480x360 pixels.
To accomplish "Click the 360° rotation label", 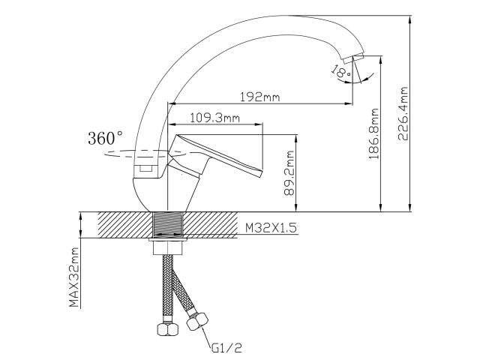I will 105,139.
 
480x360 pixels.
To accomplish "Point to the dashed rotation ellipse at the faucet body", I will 127,154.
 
